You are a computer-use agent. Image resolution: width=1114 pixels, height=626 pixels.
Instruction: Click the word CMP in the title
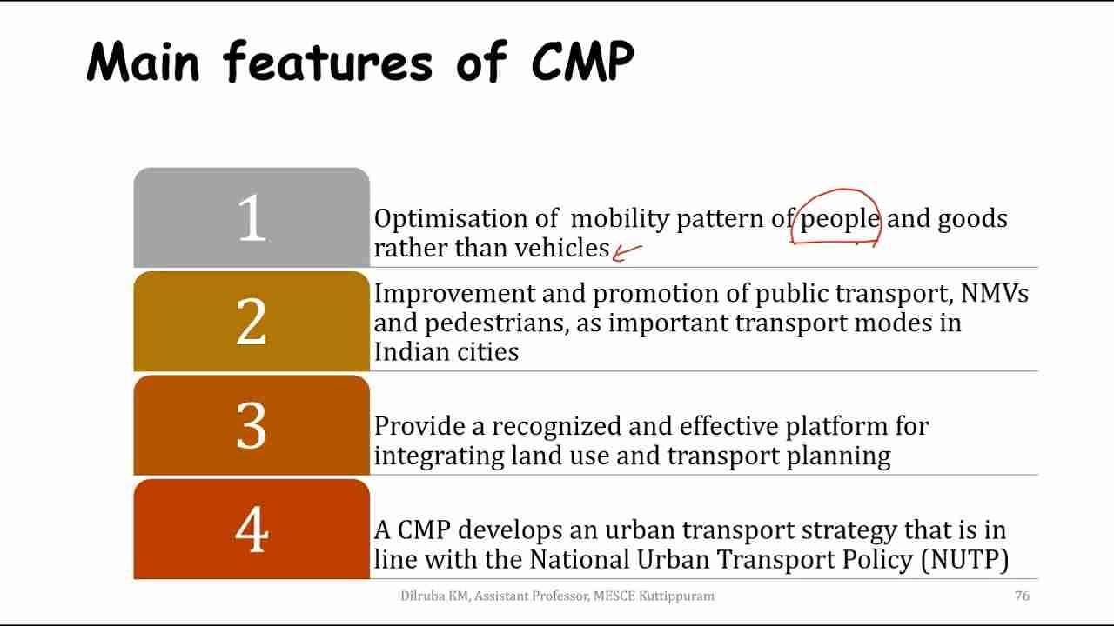(582, 62)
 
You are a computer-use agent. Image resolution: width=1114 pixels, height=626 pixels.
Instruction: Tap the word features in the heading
(327, 62)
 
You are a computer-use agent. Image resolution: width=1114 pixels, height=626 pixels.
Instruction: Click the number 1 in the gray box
(252, 217)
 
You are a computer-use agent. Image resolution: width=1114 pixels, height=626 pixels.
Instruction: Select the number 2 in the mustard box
(252, 322)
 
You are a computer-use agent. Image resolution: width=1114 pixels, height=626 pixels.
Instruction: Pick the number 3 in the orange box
(252, 426)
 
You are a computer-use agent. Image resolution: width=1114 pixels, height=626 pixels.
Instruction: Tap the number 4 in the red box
(252, 529)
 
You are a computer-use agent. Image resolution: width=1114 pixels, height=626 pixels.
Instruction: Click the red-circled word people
(839, 219)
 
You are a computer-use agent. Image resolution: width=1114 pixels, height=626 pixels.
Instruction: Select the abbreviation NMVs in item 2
(994, 294)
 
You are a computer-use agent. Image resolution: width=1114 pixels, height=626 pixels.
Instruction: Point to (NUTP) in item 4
(964, 559)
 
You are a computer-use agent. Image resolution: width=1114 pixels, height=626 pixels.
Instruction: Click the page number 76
(1023, 596)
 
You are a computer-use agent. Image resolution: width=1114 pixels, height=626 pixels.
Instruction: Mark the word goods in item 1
(972, 219)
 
